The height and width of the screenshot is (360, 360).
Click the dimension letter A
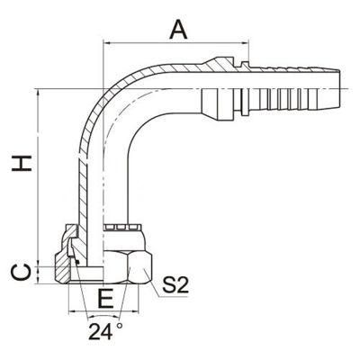click(x=178, y=31)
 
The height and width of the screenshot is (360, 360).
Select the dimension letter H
click(x=22, y=163)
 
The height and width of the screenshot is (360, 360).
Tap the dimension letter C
click(x=21, y=273)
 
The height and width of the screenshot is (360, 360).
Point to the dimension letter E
click(x=106, y=299)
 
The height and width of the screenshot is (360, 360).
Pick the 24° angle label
click(x=105, y=331)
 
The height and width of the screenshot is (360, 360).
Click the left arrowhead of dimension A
click(x=107, y=44)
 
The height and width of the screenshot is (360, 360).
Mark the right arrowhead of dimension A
click(x=245, y=44)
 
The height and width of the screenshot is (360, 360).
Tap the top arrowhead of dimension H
click(x=38, y=94)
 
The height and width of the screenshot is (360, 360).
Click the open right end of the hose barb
click(x=339, y=89)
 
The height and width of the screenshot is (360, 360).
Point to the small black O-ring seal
click(x=77, y=262)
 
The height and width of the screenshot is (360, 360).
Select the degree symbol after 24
click(x=120, y=326)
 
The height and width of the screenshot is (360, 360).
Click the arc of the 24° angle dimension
click(x=103, y=317)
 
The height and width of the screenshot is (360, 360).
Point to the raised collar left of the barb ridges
click(x=245, y=89)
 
